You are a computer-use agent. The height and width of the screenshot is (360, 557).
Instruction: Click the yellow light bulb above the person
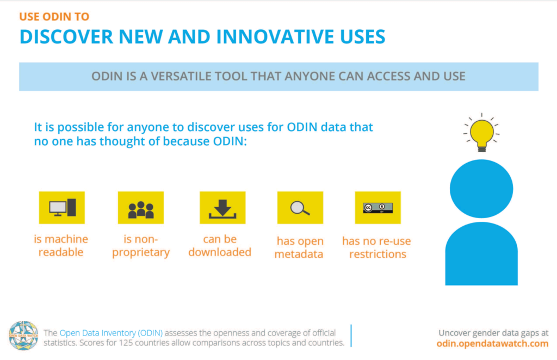point(481,133)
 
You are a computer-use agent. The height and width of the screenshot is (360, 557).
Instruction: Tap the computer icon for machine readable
point(62,208)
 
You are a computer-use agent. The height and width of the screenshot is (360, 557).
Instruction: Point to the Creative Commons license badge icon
point(377,208)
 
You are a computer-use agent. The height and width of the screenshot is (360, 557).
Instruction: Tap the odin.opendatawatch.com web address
point(492,344)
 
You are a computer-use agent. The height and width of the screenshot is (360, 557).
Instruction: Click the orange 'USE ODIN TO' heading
point(54,16)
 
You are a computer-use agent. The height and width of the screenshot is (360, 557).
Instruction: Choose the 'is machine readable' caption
point(61,246)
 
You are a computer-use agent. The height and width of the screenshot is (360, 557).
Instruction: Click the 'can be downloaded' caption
point(220,246)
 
